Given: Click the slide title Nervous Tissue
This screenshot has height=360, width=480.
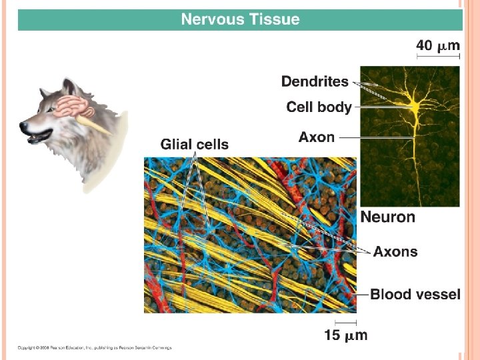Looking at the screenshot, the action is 240,19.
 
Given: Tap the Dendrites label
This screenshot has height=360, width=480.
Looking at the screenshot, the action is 315,82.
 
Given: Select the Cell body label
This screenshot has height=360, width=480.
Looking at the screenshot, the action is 319,107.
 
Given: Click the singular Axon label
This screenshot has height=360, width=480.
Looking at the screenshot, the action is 316,137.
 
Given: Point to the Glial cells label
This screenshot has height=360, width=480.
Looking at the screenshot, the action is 194,144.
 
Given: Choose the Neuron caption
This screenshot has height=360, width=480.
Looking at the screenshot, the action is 387,217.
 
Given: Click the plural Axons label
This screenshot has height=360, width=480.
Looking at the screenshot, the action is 395,252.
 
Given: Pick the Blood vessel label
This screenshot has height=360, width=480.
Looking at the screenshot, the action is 415,294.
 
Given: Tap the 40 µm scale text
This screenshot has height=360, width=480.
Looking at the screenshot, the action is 438,45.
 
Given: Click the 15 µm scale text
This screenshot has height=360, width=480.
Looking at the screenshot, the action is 345,335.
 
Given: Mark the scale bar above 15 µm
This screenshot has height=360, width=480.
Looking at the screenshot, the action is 345,323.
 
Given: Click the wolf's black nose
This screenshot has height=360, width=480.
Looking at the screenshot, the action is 25,126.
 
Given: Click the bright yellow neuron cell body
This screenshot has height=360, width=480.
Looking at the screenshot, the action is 414,105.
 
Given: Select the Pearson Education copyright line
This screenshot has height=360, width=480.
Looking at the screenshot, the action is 94,347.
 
